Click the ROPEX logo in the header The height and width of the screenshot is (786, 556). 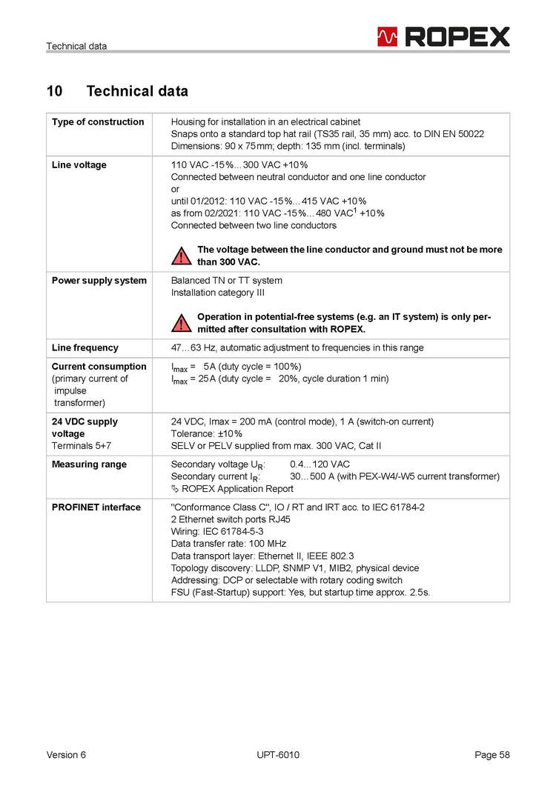click(x=443, y=36)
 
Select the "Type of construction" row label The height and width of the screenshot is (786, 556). click(x=98, y=121)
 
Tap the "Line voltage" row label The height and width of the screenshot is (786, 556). click(x=79, y=164)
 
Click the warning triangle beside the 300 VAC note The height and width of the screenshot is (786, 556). click(x=181, y=256)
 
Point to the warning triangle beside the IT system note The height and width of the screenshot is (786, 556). click(x=181, y=323)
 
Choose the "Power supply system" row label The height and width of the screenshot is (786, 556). click(x=99, y=281)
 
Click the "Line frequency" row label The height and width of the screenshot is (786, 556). click(x=85, y=347)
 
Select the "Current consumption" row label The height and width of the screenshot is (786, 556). click(x=99, y=367)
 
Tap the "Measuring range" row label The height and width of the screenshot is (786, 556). click(x=89, y=464)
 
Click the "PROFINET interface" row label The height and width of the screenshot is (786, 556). click(x=96, y=507)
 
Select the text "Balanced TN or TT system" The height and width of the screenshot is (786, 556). click(x=227, y=281)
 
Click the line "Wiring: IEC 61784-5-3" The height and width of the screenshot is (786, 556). click(x=217, y=532)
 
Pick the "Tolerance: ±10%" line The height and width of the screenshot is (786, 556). click(x=207, y=433)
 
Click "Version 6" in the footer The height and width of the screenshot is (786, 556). click(x=66, y=755)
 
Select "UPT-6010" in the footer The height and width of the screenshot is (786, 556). click(x=278, y=755)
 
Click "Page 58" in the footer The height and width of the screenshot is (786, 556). click(x=492, y=755)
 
